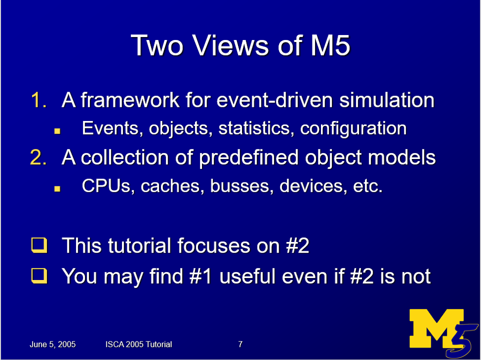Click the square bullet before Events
[x=57, y=130]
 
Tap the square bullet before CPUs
[x=57, y=188]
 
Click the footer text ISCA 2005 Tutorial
[x=139, y=344]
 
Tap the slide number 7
[x=240, y=344]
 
